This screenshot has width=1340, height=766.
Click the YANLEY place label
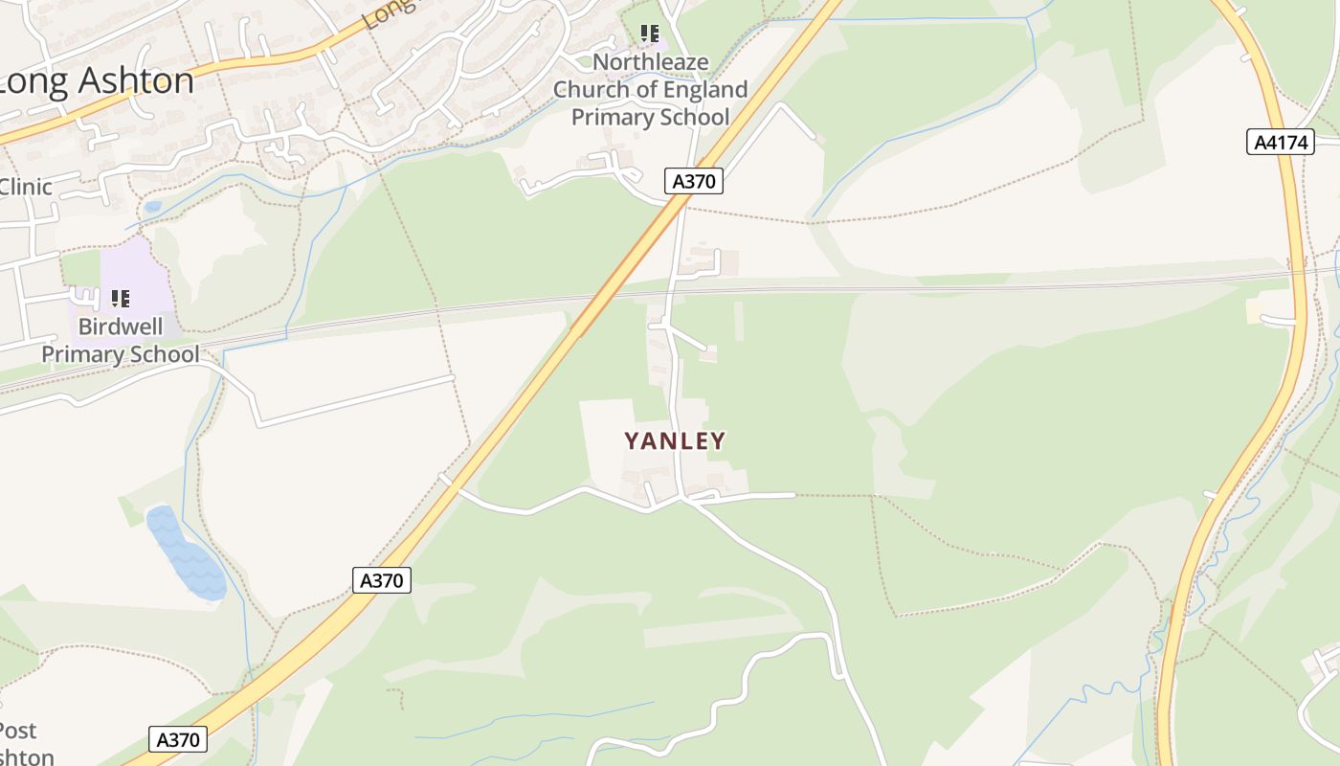[x=675, y=440]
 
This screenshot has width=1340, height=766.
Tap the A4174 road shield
[x=1281, y=143]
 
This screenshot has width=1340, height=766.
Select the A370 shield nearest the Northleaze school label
[x=693, y=181]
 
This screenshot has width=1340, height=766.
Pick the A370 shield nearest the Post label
[x=178, y=739]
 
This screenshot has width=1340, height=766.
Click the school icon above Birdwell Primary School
[x=121, y=299]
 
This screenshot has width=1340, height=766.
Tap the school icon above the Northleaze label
[x=651, y=34]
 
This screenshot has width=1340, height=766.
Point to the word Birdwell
[x=121, y=327]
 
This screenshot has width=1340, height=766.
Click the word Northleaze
[x=651, y=62]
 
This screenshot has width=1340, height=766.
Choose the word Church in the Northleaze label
[x=588, y=90]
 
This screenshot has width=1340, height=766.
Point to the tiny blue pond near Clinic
[x=153, y=206]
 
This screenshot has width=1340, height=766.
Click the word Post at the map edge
[x=17, y=731]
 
